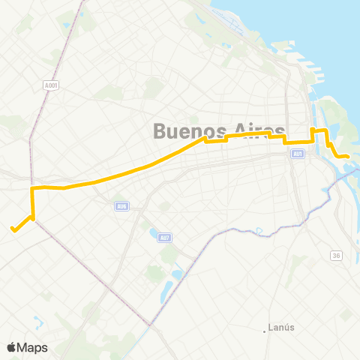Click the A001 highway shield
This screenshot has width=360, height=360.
51,85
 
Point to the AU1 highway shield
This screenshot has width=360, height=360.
298,154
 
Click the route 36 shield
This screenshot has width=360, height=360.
336,256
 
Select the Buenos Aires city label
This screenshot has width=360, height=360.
219,130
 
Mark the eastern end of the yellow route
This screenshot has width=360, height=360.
348,156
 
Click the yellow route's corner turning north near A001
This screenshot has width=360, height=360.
32,187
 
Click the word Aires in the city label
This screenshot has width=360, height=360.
259,130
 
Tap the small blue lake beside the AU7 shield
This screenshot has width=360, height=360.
154,235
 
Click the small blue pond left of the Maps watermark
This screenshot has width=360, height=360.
37,323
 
